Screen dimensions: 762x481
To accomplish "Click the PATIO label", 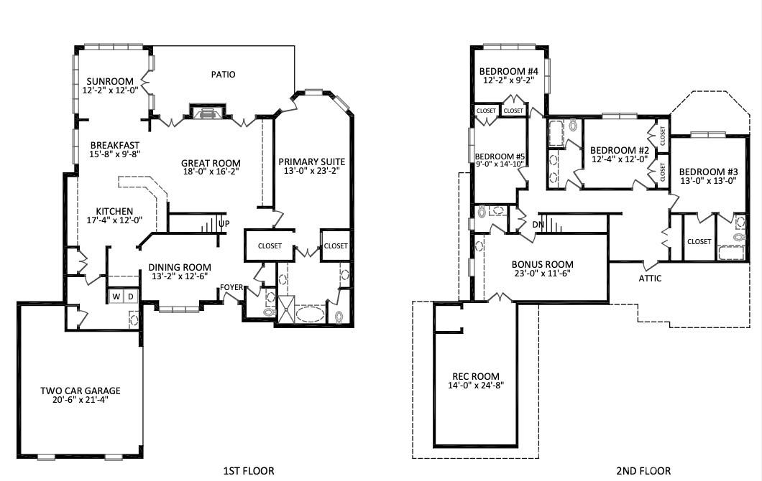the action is coord(223,74).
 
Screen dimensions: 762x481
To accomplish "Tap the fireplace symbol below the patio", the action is coord(208,111).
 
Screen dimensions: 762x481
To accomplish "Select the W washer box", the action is coord(116,296).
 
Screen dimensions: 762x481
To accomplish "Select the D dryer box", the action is coord(131,296).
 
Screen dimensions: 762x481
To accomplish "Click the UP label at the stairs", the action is coord(224,224).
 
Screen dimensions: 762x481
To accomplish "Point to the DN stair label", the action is coord(538,225).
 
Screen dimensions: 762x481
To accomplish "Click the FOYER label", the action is coord(231,287).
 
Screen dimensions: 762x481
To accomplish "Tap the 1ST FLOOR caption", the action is coord(248,471).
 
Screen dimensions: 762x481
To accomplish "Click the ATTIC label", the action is coord(650,278).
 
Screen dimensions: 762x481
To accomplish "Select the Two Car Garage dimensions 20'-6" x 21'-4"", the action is coord(81,400).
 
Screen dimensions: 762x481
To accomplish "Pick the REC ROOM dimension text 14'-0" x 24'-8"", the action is coord(476,386).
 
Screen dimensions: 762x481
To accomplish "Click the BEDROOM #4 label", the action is coord(508,71).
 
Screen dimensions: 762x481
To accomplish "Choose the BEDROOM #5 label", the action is coord(500,157).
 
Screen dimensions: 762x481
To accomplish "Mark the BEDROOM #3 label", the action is coord(708,172).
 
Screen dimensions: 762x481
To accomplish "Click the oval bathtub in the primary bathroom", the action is coord(310,314).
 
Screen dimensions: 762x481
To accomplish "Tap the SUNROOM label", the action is coord(110,81).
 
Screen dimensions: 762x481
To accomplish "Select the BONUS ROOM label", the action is coord(542,264).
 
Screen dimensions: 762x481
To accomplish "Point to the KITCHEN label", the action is coord(114,211).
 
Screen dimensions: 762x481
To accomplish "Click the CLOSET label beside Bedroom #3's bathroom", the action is coord(699,241).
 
